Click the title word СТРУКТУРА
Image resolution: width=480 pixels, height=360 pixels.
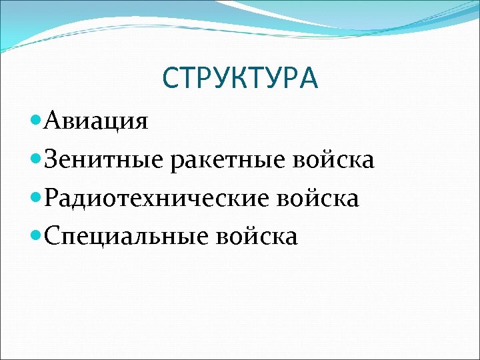(240, 79)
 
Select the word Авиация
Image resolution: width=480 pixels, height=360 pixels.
(97, 122)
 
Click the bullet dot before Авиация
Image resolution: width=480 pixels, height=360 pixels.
(37, 121)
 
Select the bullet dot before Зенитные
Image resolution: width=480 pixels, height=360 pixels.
(37, 159)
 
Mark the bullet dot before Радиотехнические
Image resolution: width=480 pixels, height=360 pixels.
(37, 197)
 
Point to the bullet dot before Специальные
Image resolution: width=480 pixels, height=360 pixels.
(37, 235)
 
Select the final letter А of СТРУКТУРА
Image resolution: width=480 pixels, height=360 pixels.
(309, 79)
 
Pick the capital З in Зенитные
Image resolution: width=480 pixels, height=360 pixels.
(53, 160)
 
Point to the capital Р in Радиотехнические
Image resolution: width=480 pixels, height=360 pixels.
(53, 198)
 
